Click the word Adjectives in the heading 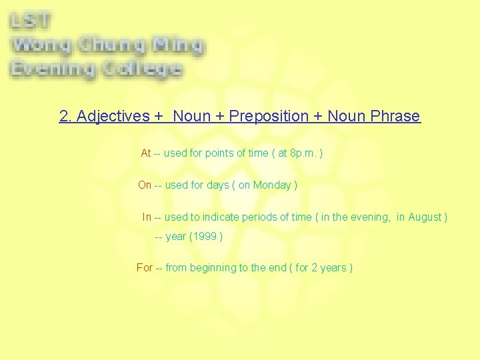(x=113, y=116)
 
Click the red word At (x=146, y=153)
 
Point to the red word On (x=145, y=185)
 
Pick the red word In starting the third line (x=147, y=217)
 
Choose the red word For (x=144, y=268)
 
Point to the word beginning (x=213, y=268)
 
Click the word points (x=221, y=153)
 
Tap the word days (x=217, y=185)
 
